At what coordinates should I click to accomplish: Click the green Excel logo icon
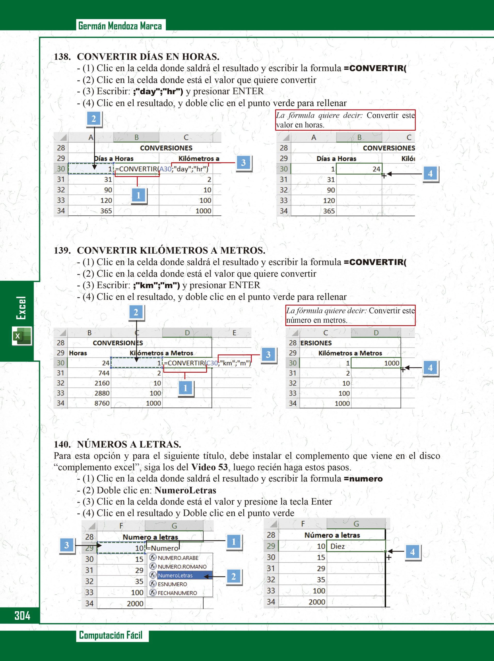coord(22,336)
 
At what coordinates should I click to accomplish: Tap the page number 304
coord(22,616)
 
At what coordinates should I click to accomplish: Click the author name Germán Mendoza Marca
coord(120,26)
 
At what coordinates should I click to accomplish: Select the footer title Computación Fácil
coord(111,635)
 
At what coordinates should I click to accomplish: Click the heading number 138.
coord(62,57)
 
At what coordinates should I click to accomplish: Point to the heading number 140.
coord(62,444)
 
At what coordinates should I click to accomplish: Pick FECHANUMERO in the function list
coord(177,593)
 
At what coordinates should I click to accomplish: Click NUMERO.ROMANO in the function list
coord(182,566)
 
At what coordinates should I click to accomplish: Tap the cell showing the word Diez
coord(355,547)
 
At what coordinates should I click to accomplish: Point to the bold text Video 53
coord(209,467)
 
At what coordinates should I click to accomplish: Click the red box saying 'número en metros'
coord(350,316)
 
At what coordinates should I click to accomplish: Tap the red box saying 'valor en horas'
coord(345,120)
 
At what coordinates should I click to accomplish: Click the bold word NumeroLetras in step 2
coord(185,490)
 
